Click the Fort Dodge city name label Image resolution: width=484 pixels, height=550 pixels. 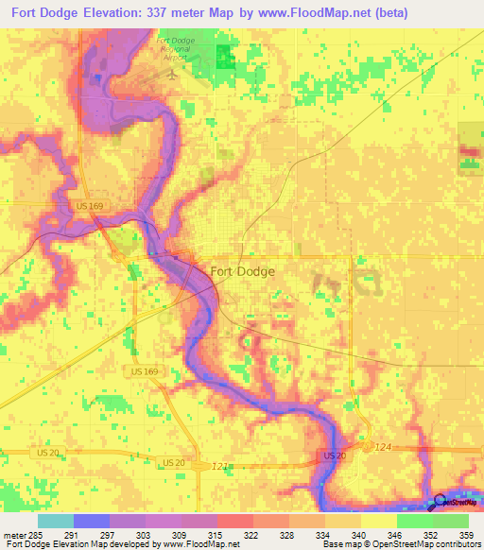(x=243, y=271)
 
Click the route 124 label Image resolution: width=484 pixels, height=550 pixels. (x=382, y=446)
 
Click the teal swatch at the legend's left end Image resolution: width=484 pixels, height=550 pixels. (x=56, y=521)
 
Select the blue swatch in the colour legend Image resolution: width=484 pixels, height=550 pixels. (x=92, y=521)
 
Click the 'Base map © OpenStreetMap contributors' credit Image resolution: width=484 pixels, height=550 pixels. (x=400, y=544)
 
